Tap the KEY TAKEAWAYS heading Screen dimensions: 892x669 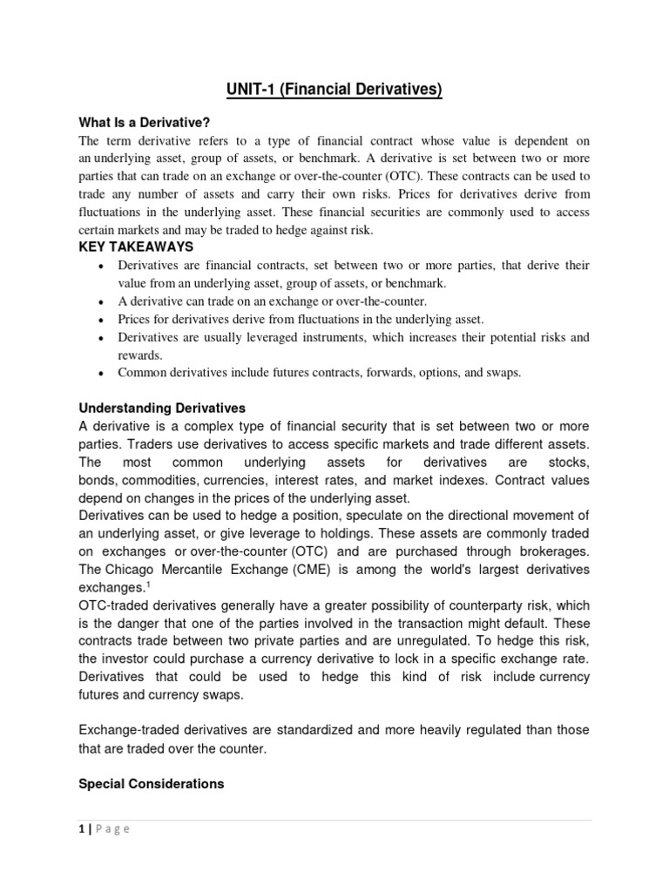click(x=136, y=247)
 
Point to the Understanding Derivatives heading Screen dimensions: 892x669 click(x=162, y=408)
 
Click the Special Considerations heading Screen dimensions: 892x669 click(x=152, y=784)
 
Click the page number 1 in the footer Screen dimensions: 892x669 click(x=82, y=829)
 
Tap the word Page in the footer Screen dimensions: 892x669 click(x=112, y=829)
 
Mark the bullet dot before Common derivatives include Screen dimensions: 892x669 click(x=103, y=373)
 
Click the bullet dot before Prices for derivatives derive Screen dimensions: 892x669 click(x=103, y=320)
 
